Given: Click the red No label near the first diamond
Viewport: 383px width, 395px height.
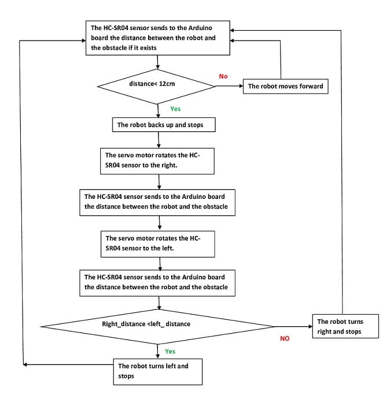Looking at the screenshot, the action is [223, 76].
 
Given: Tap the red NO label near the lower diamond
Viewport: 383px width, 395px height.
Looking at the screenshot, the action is [285, 338].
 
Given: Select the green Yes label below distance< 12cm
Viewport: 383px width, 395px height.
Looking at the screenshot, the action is [175, 109].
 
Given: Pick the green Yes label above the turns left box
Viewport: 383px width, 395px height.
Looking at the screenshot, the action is [170, 352].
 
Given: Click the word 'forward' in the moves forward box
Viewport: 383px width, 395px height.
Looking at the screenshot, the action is [311, 86].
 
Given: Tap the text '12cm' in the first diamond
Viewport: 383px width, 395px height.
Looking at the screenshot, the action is [167, 84].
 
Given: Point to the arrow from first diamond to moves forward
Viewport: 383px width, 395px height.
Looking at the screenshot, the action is [229, 86].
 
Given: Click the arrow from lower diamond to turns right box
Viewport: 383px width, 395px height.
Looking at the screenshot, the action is [293, 327].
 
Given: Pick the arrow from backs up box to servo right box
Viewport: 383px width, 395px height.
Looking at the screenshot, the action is [159, 140].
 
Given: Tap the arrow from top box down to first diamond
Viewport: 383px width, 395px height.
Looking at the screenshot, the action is [157, 62].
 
